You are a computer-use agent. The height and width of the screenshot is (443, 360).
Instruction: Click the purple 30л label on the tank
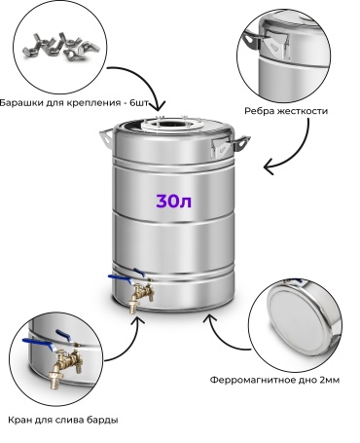(174, 202)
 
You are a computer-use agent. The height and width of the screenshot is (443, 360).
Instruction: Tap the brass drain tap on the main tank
(140, 293)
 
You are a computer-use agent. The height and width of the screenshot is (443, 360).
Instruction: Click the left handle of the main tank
(106, 138)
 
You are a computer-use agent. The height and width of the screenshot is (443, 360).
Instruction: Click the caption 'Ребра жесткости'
(286, 111)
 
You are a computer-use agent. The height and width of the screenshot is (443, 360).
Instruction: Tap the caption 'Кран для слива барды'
(63, 420)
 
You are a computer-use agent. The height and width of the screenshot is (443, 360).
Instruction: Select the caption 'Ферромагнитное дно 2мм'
(274, 380)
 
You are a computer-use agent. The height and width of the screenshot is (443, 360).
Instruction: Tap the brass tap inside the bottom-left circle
(65, 362)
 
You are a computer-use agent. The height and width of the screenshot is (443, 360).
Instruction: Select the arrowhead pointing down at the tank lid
(160, 105)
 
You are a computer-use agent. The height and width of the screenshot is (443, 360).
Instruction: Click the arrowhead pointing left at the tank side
(270, 168)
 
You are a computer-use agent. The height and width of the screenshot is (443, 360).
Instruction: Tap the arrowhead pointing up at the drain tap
(138, 322)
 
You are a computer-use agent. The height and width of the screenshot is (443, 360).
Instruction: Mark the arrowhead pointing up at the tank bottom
(209, 320)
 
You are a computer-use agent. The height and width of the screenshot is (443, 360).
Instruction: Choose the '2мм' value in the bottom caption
(330, 380)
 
